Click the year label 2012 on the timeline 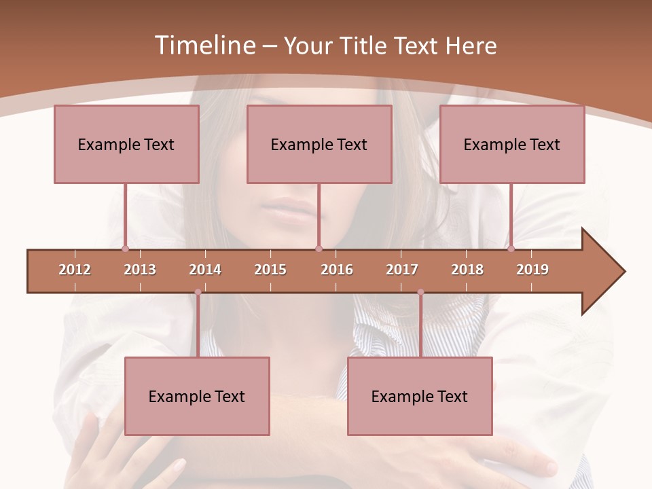pyautogui.click(x=75, y=270)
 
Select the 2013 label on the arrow pyautogui.click(x=140, y=270)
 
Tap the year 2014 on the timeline pyautogui.click(x=205, y=270)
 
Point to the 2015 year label pyautogui.click(x=270, y=270)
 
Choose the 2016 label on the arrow pyautogui.click(x=337, y=270)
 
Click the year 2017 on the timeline pyautogui.click(x=402, y=270)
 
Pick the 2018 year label pyautogui.click(x=467, y=270)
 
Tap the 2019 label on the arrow pyautogui.click(x=532, y=270)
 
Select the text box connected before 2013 pyautogui.click(x=126, y=144)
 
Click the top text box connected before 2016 pyautogui.click(x=319, y=144)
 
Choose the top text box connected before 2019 pyautogui.click(x=512, y=144)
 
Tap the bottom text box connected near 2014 pyautogui.click(x=197, y=396)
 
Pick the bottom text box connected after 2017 pyautogui.click(x=420, y=396)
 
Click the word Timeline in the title pyautogui.click(x=204, y=46)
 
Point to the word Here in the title pyautogui.click(x=471, y=46)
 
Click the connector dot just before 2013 pyautogui.click(x=125, y=249)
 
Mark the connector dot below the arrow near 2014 pyautogui.click(x=198, y=292)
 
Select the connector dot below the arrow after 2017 pyautogui.click(x=420, y=292)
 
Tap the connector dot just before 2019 pyautogui.click(x=511, y=249)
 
